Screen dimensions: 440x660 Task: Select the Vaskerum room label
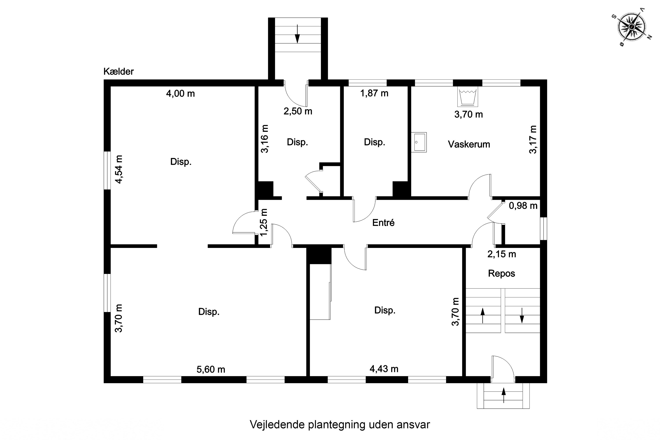[x=469, y=144]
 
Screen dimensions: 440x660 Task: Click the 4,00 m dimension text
[x=180, y=93]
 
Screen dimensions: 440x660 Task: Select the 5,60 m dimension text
[x=211, y=369]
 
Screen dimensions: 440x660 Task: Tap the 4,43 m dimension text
[x=384, y=369]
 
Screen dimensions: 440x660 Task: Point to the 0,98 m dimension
[x=523, y=206]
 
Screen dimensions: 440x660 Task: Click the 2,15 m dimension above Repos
[x=501, y=254]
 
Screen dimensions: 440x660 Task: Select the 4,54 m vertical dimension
[x=119, y=169]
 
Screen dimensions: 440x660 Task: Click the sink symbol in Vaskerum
[x=419, y=142]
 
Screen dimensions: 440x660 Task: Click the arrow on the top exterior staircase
[x=297, y=34]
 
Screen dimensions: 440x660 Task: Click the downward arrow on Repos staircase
[x=522, y=315]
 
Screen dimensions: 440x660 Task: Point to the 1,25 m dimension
[x=264, y=222]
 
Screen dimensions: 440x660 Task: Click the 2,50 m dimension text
[x=298, y=111]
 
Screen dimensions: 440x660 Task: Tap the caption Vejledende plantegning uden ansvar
[x=339, y=425]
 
